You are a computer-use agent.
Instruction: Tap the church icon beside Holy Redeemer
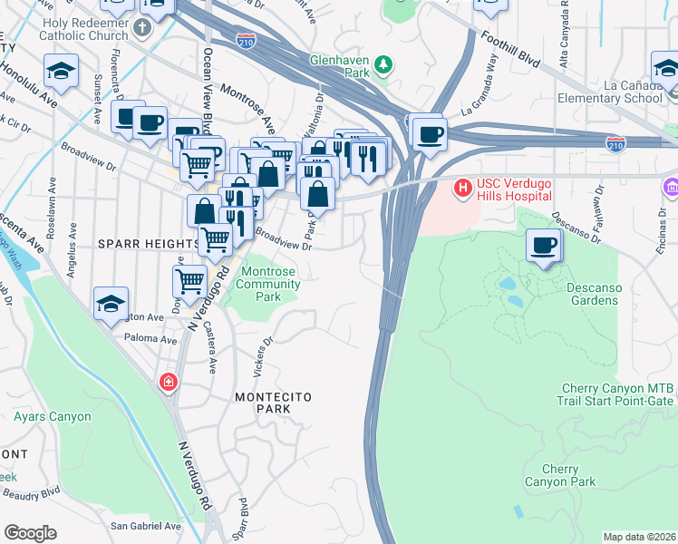click(140, 28)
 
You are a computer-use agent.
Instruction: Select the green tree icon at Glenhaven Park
click(384, 64)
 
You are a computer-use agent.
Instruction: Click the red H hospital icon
click(462, 189)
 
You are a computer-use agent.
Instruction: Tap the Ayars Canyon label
click(53, 417)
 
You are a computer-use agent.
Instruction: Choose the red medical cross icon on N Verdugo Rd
click(168, 382)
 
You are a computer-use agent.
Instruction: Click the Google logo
click(30, 533)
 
